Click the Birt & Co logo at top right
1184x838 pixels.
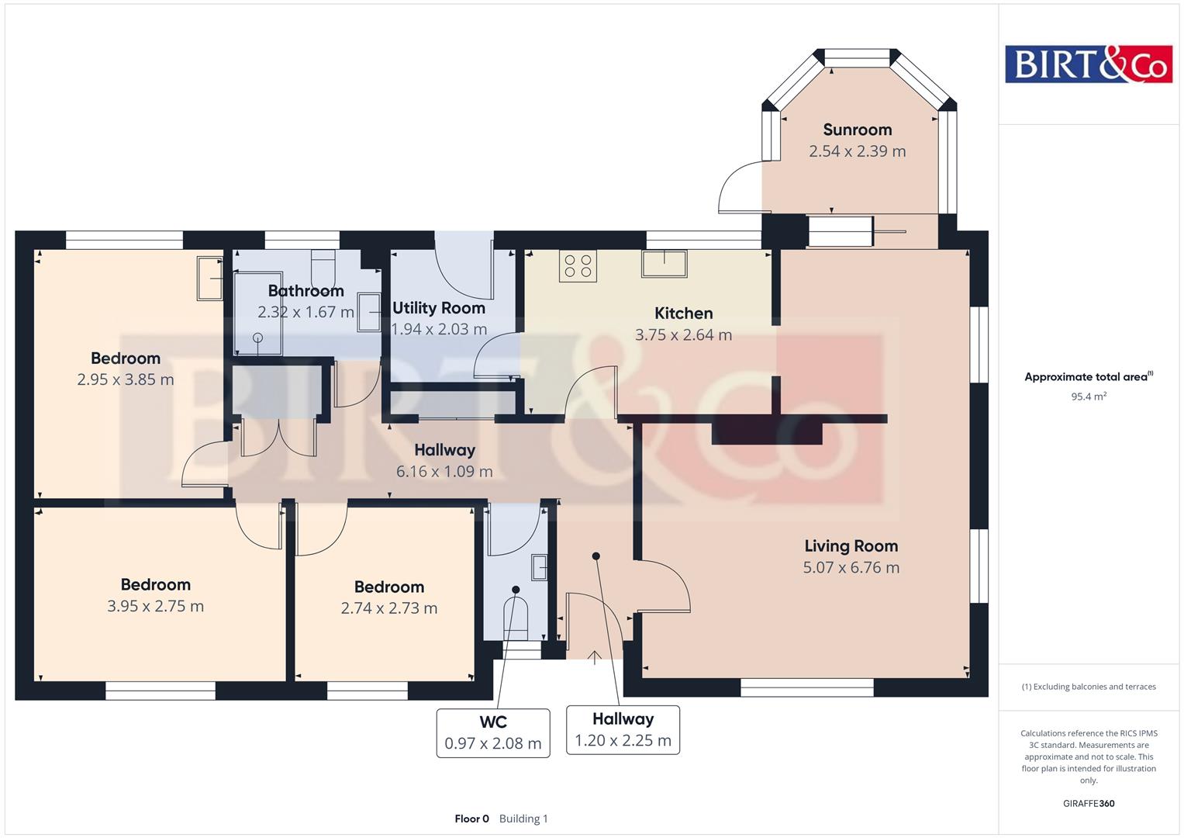pos(1088,64)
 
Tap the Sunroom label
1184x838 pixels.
pos(857,130)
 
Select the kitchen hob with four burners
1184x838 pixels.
pos(578,266)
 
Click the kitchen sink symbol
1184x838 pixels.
pos(664,263)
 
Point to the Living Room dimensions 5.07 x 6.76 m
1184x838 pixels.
pos(851,567)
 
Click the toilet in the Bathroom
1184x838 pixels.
pos(323,267)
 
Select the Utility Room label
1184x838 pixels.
pos(438,308)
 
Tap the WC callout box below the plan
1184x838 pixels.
pos(492,732)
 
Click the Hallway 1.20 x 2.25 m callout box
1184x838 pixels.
pos(623,729)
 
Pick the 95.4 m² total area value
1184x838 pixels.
pos(1088,396)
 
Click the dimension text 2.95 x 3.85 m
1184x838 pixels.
pos(125,379)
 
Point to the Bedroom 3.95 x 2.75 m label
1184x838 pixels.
pos(155,585)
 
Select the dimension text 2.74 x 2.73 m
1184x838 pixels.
pos(388,608)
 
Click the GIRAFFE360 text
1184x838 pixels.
pos(1088,803)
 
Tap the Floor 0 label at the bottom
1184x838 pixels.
pos(471,819)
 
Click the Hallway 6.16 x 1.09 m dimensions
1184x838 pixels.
pos(444,471)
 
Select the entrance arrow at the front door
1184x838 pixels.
pos(594,657)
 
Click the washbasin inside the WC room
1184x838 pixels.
pos(540,567)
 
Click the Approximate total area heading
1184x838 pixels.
pos(1088,377)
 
